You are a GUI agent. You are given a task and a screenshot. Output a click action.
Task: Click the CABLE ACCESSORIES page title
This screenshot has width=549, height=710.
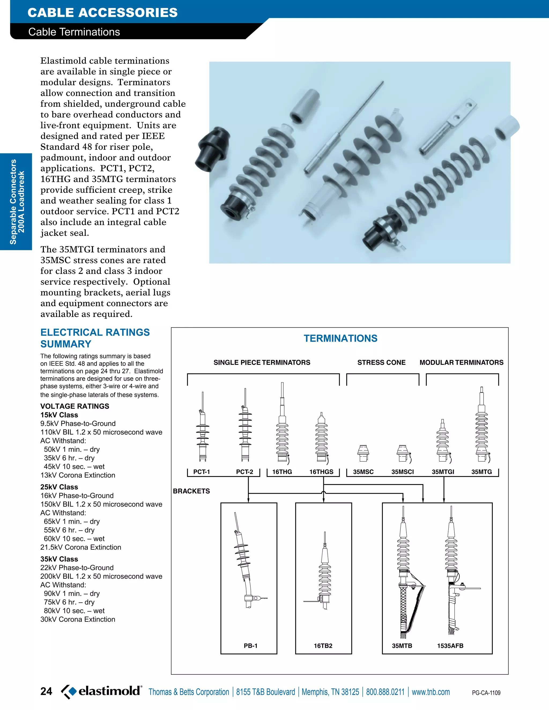(102, 13)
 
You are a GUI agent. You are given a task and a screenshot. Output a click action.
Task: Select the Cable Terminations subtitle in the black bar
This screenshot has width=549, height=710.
(74, 32)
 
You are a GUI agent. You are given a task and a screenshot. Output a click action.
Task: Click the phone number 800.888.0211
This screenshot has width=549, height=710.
(385, 692)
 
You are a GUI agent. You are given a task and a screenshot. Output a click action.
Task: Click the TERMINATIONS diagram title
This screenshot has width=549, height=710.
(340, 338)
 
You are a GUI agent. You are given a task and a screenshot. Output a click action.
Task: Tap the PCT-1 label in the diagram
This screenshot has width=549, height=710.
(201, 472)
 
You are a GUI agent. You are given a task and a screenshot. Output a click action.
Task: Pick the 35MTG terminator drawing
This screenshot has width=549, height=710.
(482, 426)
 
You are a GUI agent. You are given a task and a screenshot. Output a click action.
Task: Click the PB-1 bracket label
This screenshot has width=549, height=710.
(250, 646)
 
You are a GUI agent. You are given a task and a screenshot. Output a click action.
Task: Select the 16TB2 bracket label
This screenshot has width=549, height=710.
(323, 646)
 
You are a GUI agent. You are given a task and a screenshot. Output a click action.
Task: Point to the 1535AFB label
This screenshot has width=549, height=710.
(450, 646)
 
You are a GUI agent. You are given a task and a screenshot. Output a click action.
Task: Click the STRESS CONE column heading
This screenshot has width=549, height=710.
(381, 363)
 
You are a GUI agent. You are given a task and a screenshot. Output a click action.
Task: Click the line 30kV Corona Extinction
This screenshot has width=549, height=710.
(78, 619)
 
